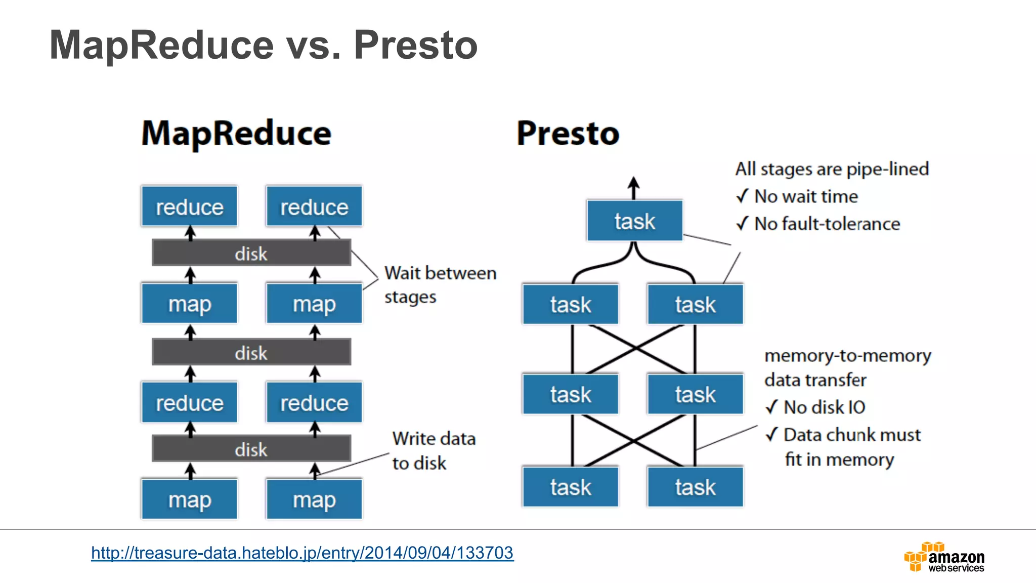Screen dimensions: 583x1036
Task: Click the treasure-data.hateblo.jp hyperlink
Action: click(302, 552)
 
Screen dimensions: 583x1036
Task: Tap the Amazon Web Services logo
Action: click(944, 557)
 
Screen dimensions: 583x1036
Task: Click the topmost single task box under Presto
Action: click(634, 221)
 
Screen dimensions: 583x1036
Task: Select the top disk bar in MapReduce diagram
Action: click(251, 253)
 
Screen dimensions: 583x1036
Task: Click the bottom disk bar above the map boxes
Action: click(251, 449)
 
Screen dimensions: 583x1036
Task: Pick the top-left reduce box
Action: click(189, 206)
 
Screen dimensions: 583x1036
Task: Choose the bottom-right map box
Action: click(314, 499)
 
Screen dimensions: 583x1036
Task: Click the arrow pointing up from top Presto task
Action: click(633, 187)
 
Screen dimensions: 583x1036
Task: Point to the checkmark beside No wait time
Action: click(742, 196)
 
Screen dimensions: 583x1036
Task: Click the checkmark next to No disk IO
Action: click(771, 406)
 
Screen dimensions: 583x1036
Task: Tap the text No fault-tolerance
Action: click(827, 224)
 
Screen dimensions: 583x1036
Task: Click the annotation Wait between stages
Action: click(440, 284)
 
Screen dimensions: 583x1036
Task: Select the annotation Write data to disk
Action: click(434, 450)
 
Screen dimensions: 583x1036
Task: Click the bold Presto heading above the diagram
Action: click(568, 134)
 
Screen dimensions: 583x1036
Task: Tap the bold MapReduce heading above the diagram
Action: click(236, 134)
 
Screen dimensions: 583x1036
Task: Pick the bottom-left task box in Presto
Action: click(570, 487)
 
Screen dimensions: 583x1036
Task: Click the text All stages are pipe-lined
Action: click(832, 169)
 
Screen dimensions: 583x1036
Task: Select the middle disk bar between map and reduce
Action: click(251, 352)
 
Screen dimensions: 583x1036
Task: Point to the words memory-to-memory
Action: click(847, 356)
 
